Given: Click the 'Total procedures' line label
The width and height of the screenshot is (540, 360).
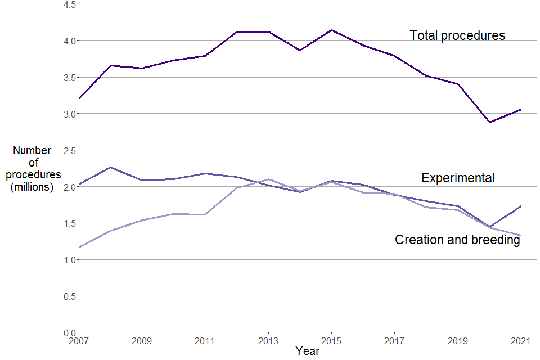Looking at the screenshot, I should click(x=457, y=35).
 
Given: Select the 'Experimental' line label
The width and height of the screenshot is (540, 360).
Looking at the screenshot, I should click(x=458, y=178).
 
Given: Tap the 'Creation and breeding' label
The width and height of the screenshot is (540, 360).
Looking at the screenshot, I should click(x=457, y=240).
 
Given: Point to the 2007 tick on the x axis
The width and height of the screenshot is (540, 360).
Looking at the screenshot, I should click(x=78, y=341).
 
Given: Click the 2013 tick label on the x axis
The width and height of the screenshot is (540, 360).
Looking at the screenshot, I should click(x=268, y=341).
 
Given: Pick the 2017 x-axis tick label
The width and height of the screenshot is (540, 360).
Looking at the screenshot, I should click(x=394, y=341).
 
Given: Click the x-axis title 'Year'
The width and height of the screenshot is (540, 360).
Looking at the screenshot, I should click(x=308, y=352).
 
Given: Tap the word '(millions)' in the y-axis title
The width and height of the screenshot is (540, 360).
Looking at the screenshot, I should click(x=32, y=187).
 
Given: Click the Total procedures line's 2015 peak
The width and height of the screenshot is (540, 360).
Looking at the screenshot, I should click(x=331, y=30).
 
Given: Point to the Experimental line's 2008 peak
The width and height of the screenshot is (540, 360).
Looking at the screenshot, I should click(x=111, y=167).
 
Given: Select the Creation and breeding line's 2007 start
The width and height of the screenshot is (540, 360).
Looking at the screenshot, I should click(x=79, y=247).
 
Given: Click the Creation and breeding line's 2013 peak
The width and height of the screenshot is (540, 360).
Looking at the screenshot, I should click(x=268, y=179).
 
